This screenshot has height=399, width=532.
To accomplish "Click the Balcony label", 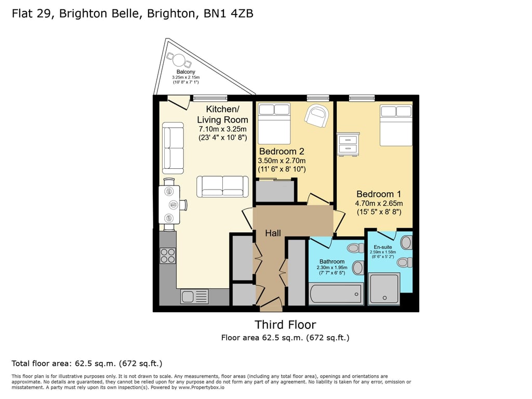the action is pos(185,72).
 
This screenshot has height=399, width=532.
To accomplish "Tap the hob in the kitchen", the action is pos(168,256).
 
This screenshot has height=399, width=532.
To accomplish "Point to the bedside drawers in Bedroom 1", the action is pos(348,144).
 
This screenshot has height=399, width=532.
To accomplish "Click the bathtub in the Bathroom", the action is pos(336,294).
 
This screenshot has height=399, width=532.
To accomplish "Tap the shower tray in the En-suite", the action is pos(384,289).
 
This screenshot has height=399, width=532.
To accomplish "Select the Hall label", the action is pos(273,233).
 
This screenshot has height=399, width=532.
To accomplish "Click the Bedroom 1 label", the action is pos(379,194).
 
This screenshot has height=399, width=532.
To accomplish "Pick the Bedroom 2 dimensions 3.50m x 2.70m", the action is pos(282,161).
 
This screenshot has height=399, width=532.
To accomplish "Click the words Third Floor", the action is pos(285,325).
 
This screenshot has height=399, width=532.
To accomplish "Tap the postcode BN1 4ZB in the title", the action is pos(229,13).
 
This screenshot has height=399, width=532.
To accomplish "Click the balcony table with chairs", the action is pos(179,60).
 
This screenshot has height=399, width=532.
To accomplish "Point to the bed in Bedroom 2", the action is pos(274,124).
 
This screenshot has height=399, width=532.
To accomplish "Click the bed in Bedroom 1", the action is pos(396,125).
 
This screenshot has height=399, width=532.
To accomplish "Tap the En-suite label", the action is pos(383,247).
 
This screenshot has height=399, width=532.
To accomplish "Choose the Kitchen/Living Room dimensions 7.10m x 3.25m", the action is pos(222,129).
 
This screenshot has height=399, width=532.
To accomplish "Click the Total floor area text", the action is pos(87,363).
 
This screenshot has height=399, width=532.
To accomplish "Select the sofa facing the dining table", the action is pos(222,187).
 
